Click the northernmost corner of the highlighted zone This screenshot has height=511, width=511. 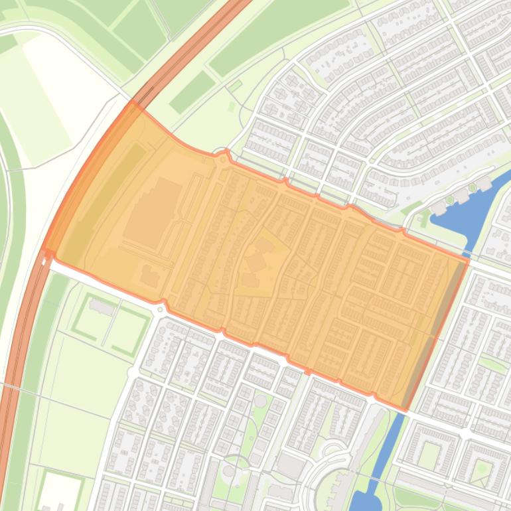[x=133, y=103]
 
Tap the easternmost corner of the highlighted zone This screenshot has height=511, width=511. [x=468, y=259]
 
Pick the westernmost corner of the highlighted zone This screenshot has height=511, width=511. [x=45, y=251]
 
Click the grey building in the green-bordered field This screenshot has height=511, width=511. [x=102, y=307]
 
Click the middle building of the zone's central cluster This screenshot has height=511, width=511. [x=256, y=261]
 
